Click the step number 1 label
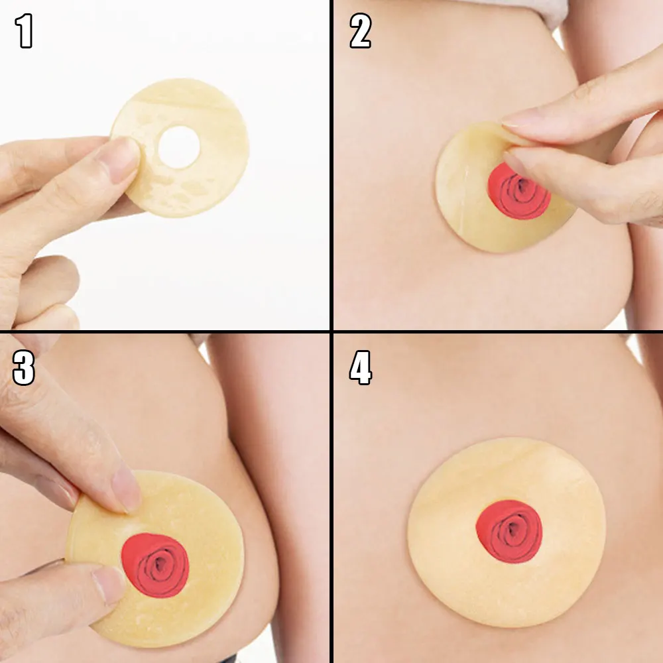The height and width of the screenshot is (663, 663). [24, 30]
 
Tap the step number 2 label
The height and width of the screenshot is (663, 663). [360, 30]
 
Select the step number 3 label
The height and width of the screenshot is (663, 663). [24, 367]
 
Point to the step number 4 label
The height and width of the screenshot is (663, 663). [361, 367]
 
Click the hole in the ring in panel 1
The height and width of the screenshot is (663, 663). [179, 147]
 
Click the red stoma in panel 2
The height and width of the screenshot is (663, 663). [519, 192]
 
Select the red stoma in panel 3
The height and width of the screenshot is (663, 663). [154, 566]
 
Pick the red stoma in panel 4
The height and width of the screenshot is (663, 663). [509, 532]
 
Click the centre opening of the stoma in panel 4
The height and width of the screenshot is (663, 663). [512, 528]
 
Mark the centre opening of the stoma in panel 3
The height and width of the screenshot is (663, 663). [160, 563]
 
